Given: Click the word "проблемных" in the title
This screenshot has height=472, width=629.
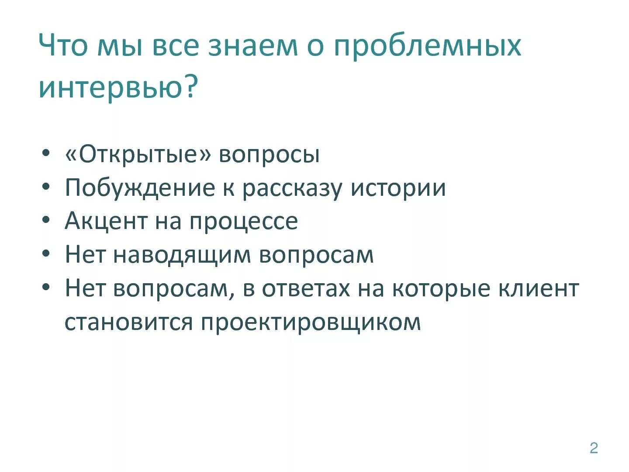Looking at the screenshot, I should click(427, 46).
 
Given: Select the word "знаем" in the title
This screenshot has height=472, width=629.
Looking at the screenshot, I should click(252, 46).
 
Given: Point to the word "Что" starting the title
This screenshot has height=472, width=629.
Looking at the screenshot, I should click(63, 45).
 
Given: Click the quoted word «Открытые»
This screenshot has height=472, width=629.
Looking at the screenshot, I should click(138, 154).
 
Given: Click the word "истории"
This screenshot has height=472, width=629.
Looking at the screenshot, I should click(398, 188).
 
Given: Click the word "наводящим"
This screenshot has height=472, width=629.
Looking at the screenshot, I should click(182, 255).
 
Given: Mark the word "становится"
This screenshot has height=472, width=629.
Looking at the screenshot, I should click(128, 322).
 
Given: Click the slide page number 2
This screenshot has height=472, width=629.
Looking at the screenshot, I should click(594, 448).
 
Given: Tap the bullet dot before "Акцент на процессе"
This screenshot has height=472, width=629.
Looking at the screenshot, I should click(46, 220).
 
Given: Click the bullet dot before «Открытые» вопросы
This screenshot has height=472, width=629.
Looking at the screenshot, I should click(46, 154).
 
